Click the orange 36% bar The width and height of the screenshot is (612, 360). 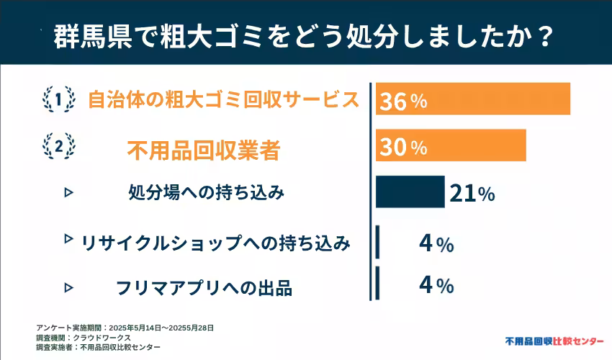[x=473, y=99]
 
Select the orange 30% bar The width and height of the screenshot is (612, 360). [x=451, y=145]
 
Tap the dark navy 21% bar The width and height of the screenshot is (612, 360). [x=410, y=192]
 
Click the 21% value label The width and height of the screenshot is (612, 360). [x=472, y=193]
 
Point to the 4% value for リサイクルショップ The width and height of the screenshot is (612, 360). [x=436, y=243]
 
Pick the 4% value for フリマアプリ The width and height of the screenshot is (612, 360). [x=436, y=285]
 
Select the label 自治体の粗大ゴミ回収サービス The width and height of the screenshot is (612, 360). [x=223, y=99]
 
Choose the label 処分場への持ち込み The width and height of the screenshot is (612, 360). [x=207, y=193]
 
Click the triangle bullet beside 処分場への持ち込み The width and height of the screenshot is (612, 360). [x=69, y=192]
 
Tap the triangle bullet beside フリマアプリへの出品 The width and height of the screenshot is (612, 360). [x=69, y=287]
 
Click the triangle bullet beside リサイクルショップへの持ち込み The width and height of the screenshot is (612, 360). [x=69, y=238]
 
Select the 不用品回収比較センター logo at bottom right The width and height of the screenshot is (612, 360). [x=554, y=340]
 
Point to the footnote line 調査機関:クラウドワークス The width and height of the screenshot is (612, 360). [x=83, y=337]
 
